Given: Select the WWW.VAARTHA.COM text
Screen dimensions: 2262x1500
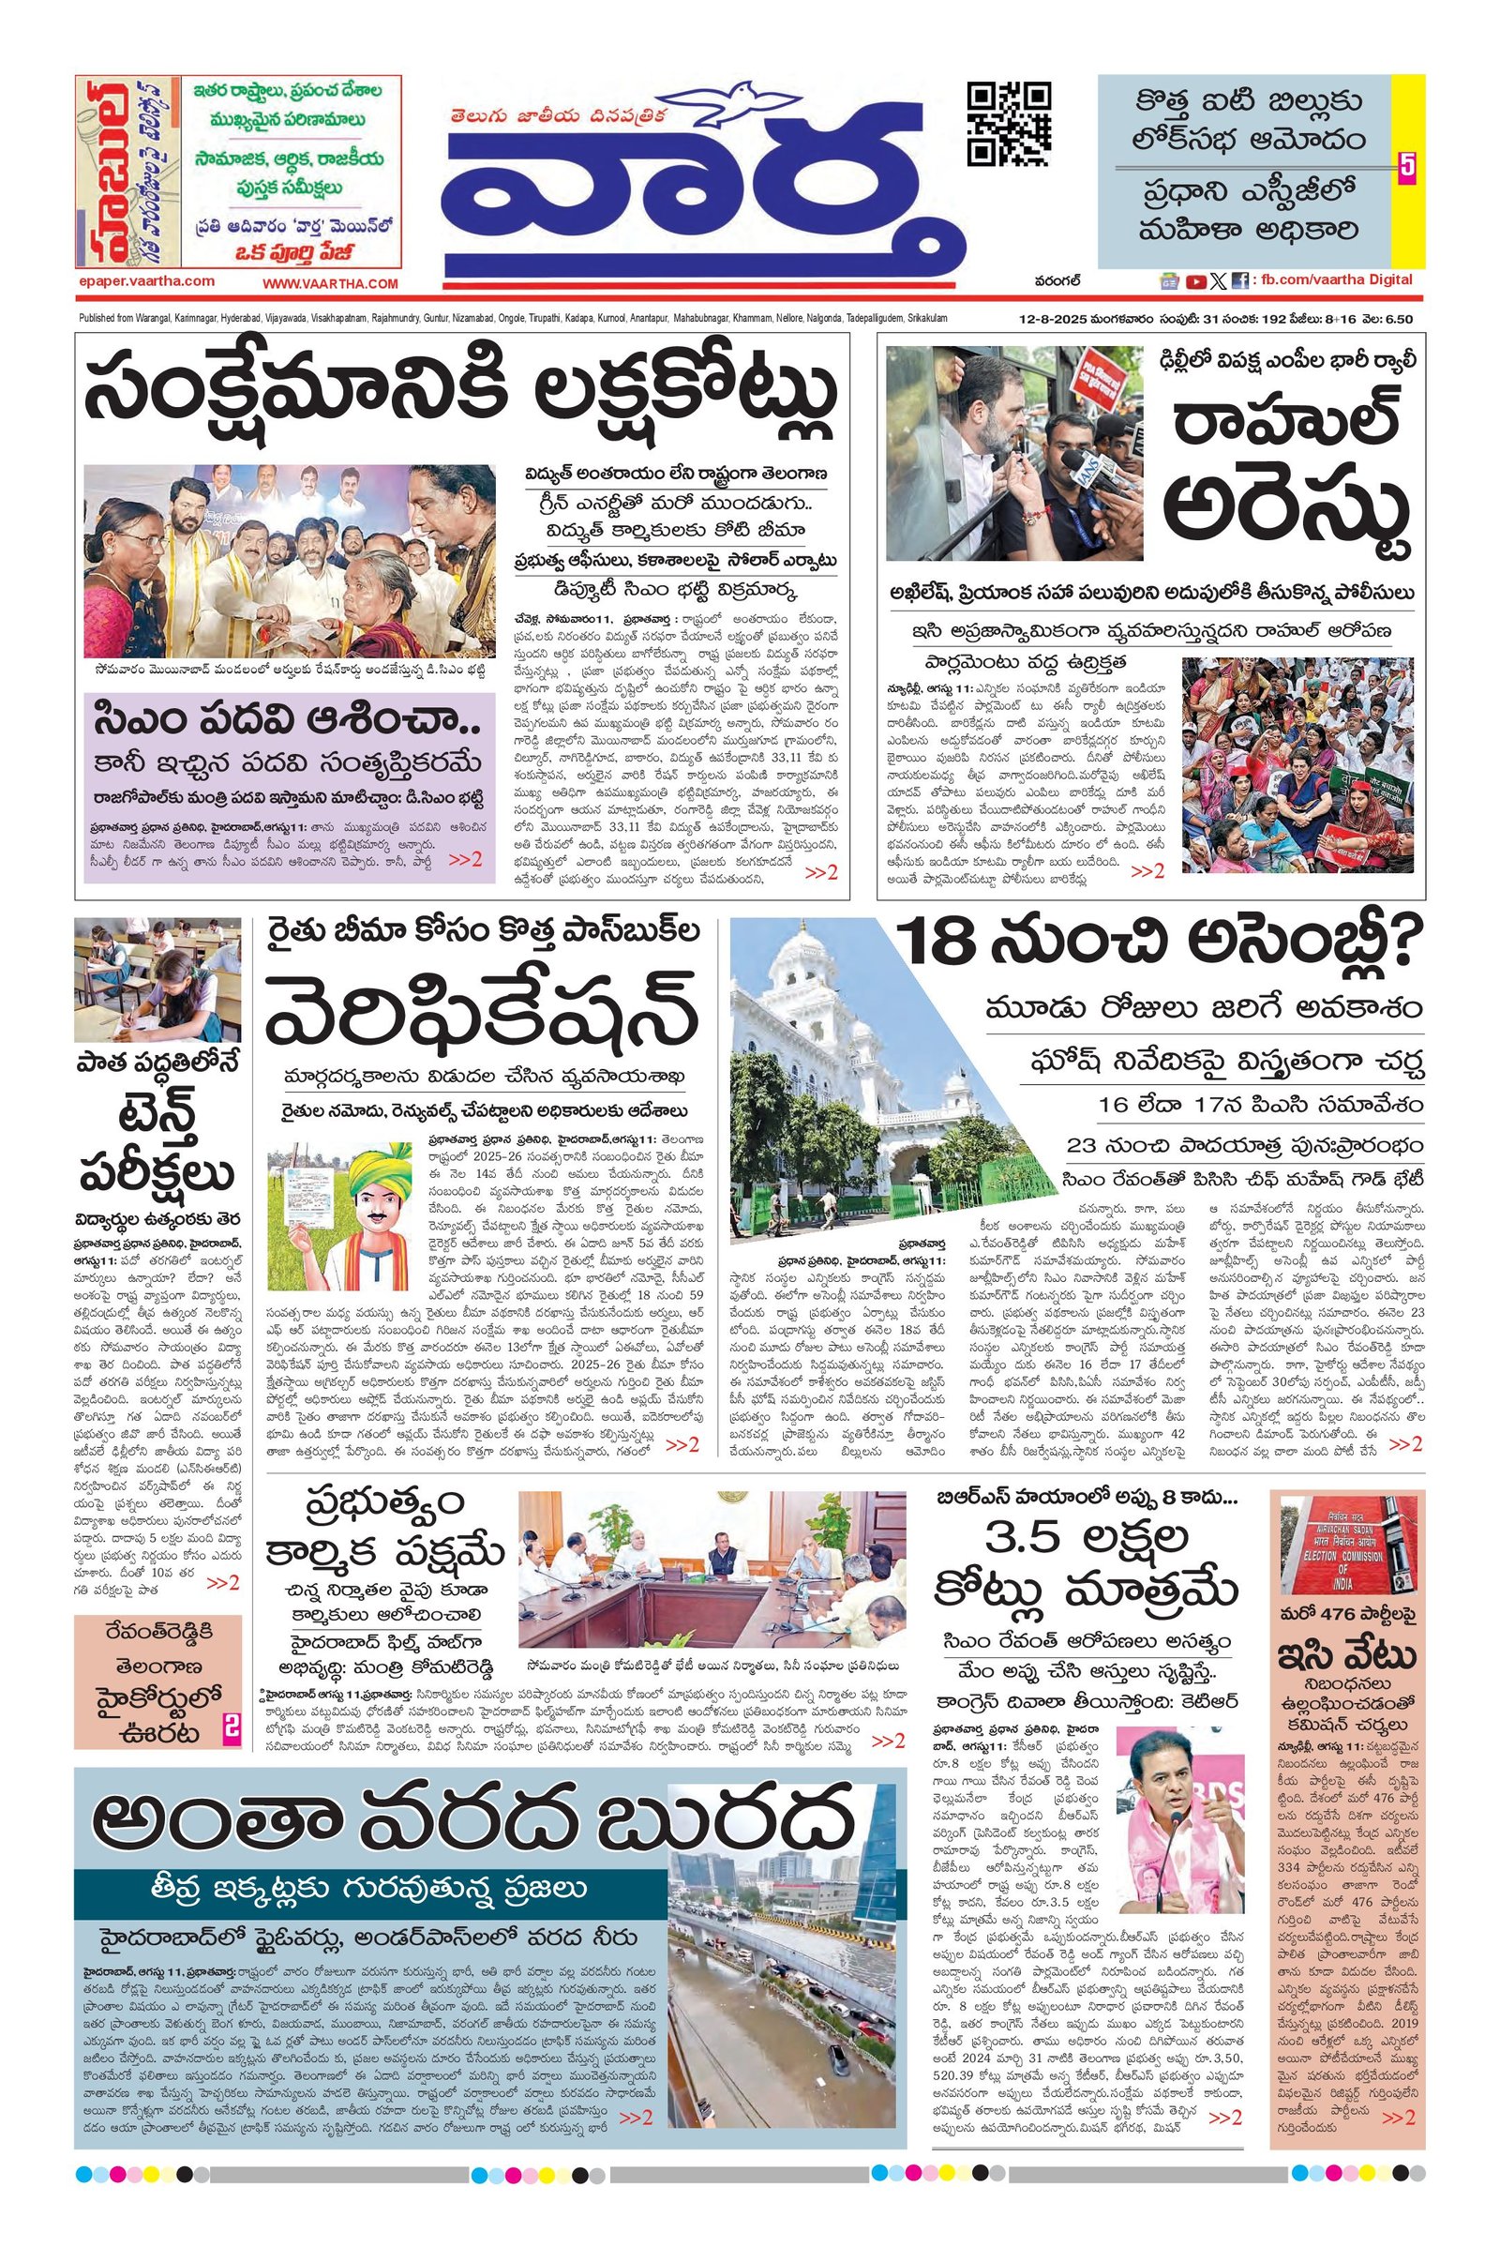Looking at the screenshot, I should coord(331,283).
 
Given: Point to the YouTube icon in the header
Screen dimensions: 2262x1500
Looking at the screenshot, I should coord(1194,281).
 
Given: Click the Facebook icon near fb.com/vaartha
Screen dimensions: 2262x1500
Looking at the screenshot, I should coord(1238,281).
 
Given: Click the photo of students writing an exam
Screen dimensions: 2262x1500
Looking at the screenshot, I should coord(157,980).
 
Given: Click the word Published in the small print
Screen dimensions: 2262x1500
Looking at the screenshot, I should coord(97,318).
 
